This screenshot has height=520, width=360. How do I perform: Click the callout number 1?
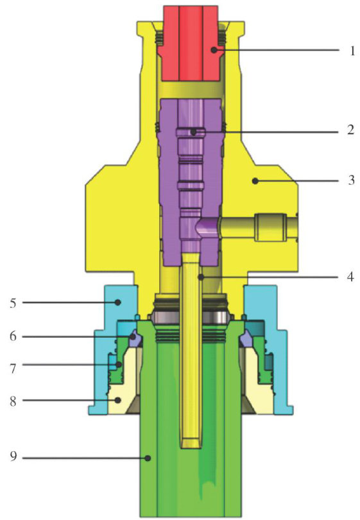tap(352, 51)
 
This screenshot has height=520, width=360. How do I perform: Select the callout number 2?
tap(351, 130)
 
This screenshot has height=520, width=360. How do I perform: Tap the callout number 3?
tap(351, 180)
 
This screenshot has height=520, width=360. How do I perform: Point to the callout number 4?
tap(351, 277)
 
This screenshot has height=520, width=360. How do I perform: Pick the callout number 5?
tap(13, 303)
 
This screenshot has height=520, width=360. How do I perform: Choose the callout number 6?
tap(13, 336)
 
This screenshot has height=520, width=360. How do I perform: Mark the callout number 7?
tap(13, 367)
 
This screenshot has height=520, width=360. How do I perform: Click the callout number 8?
tap(13, 401)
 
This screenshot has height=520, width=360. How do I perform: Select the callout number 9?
tap(13, 457)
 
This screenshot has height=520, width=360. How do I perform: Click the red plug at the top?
tap(191, 44)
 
